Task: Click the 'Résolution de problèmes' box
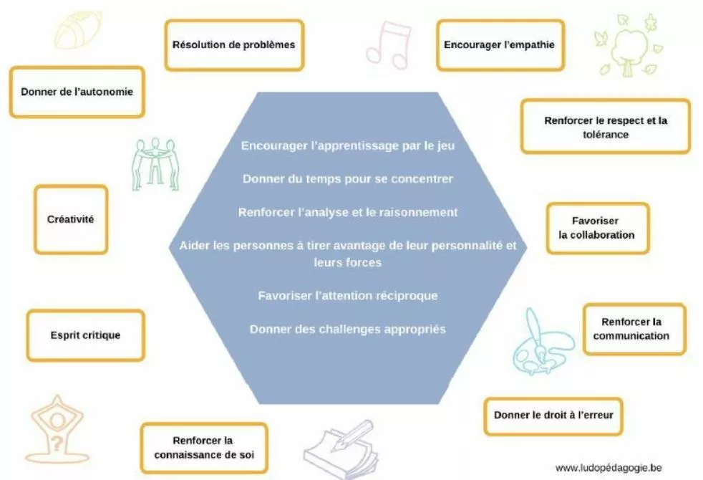click(x=233, y=44)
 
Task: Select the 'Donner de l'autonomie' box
click(x=77, y=92)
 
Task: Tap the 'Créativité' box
click(x=71, y=219)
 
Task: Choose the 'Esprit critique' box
click(x=85, y=335)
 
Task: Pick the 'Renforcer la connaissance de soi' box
click(x=203, y=448)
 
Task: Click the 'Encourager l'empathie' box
click(x=499, y=44)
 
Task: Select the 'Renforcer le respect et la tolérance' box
click(x=605, y=127)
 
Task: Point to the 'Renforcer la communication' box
click(x=634, y=329)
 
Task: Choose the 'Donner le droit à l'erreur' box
click(x=553, y=416)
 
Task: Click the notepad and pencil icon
click(x=340, y=448)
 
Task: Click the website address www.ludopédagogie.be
click(x=609, y=467)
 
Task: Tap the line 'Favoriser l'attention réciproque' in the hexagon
click(x=347, y=295)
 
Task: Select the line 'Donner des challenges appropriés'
click(x=347, y=330)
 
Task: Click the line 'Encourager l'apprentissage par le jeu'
click(x=347, y=145)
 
